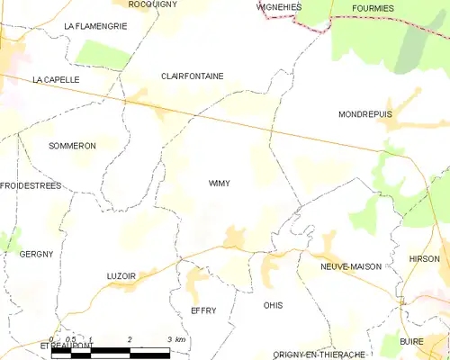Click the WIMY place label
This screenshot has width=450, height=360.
click(x=219, y=184)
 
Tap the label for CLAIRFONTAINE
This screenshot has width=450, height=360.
click(x=192, y=76)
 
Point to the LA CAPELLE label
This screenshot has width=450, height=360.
click(x=56, y=80)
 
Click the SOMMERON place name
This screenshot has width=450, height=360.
click(x=72, y=146)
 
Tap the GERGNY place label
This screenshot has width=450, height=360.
click(x=36, y=255)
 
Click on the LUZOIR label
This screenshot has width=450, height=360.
click(x=120, y=275)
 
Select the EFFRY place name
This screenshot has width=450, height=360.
click(x=203, y=310)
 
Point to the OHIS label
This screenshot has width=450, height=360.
click(x=273, y=306)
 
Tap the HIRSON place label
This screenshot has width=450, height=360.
click(x=424, y=258)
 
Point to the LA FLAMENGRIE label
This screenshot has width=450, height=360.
click(x=95, y=27)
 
